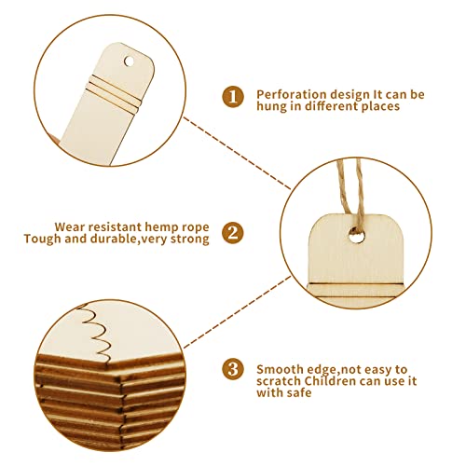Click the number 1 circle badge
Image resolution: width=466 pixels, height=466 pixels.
[x=232, y=95]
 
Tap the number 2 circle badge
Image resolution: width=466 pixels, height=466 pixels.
[x=232, y=231]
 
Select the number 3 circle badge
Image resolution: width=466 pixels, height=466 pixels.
[x=232, y=368]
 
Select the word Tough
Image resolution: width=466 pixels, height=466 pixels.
[x=45, y=239]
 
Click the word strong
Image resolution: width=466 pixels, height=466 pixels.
[x=190, y=239]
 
